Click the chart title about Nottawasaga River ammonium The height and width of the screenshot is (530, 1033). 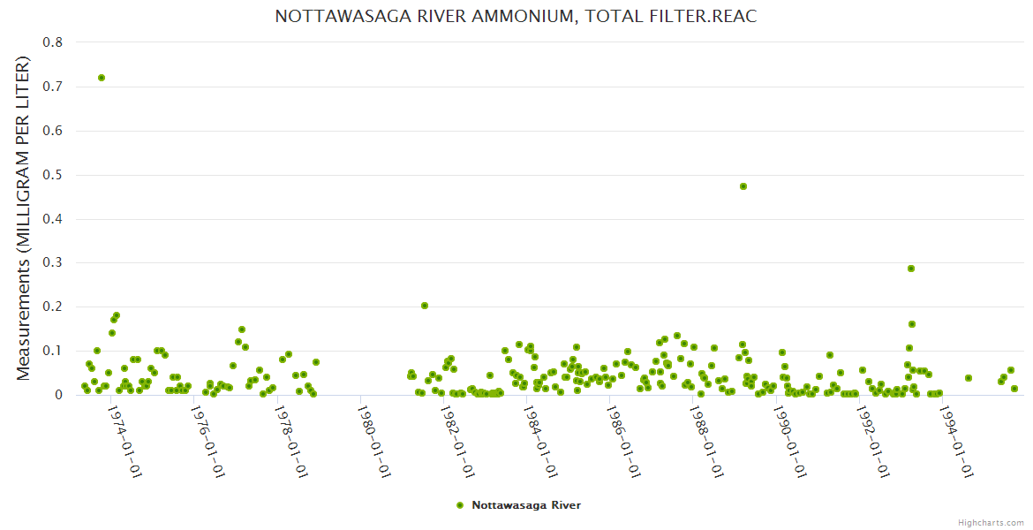click(516, 17)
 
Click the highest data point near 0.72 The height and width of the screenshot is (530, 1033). click(102, 78)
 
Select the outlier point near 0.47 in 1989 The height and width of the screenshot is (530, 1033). click(743, 186)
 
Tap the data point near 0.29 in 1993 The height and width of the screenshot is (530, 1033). click(911, 269)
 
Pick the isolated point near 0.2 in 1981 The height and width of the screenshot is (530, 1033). click(425, 306)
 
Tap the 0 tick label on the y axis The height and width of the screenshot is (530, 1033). click(58, 395)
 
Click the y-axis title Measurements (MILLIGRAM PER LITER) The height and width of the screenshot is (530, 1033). click(24, 218)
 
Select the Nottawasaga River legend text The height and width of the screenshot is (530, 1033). click(526, 505)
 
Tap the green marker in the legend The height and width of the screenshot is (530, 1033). click(459, 505)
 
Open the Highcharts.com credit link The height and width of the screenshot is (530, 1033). click(991, 522)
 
